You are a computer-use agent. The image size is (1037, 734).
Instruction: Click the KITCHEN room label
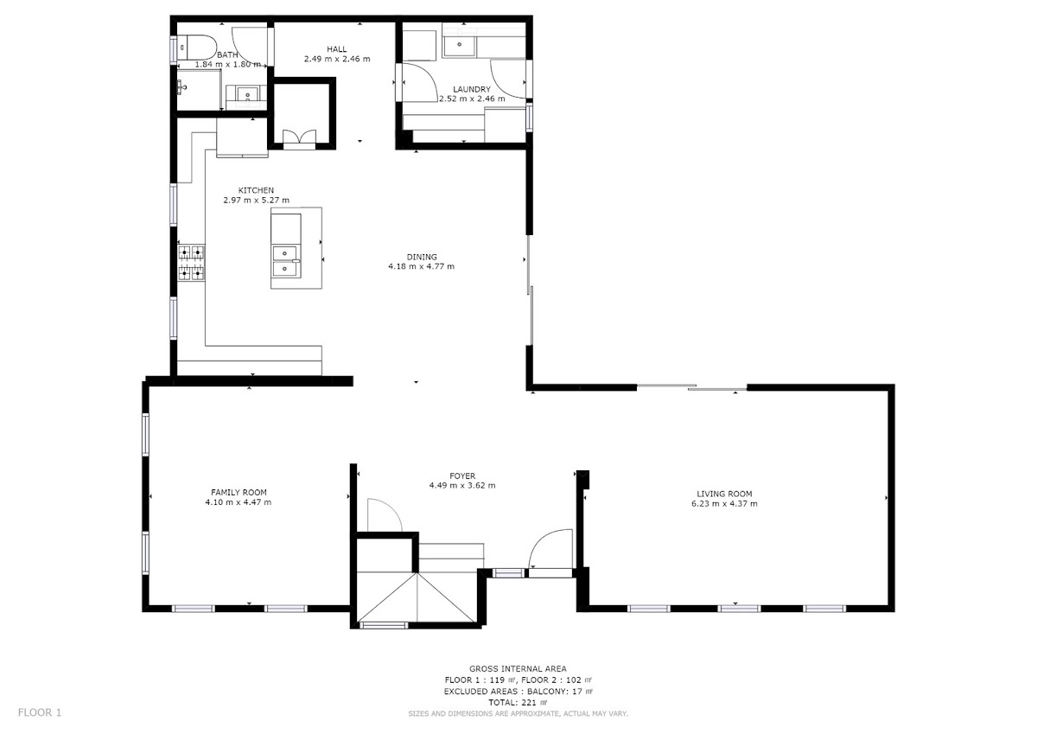coord(256,190)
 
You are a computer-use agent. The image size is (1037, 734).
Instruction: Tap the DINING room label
coord(422,257)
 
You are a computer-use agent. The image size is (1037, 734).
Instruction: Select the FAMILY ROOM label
coord(239,492)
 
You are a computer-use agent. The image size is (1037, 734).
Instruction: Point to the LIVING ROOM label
coord(724,494)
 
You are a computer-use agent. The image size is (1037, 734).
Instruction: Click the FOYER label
coord(462,476)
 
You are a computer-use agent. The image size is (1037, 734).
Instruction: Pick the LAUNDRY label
coord(472,89)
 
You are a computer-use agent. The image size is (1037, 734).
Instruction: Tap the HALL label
coord(336,49)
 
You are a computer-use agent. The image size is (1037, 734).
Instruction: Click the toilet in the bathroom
coord(198,48)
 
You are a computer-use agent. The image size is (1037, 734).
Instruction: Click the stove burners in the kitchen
coord(192,263)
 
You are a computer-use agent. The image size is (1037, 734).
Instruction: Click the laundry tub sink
coord(459,45)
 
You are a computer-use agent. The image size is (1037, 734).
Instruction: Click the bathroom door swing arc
coord(249,48)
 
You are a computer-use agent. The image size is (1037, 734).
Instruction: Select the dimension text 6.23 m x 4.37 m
coord(724,504)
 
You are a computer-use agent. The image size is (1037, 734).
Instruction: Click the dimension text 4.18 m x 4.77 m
coord(422,266)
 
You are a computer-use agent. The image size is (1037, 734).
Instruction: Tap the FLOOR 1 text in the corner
coord(40,712)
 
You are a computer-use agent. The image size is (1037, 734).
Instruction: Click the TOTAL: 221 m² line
coord(518,703)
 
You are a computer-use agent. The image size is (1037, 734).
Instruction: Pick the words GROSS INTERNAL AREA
coord(518,668)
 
